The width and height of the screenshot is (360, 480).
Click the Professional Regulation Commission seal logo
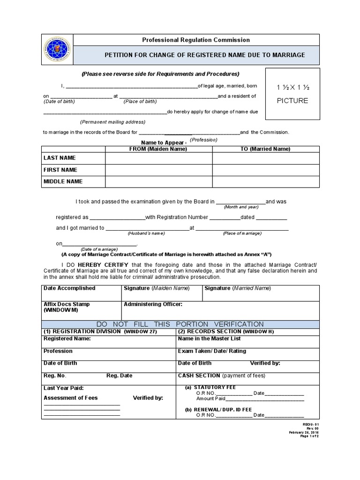pyautogui.click(x=57, y=49)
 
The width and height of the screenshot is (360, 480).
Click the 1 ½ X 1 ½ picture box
pyautogui.click(x=292, y=94)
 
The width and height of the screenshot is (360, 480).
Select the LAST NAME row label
pyautogui.click(x=60, y=158)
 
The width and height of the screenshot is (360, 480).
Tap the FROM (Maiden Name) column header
pyautogui.click(x=158, y=149)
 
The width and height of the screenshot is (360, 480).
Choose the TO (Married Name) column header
pyautogui.click(x=265, y=149)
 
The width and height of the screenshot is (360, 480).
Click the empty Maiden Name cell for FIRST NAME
pyautogui.click(x=158, y=170)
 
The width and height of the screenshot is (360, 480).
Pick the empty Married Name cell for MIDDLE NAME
pyautogui.click(x=266, y=181)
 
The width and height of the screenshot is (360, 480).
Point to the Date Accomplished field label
pyautogui.click(x=69, y=288)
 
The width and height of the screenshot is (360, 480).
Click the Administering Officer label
pyautogui.click(x=153, y=304)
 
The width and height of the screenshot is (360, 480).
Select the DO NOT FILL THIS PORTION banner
pyautogui.click(x=180, y=324)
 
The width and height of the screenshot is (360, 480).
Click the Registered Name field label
pyautogui.click(x=67, y=338)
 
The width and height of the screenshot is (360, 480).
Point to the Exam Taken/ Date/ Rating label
pyautogui.click(x=212, y=351)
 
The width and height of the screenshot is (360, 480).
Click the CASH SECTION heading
pyautogui.click(x=199, y=375)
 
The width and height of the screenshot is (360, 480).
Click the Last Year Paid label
pyautogui.click(x=64, y=388)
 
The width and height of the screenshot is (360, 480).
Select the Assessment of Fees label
pyautogui.click(x=71, y=398)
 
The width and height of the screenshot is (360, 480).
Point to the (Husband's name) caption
pyautogui.click(x=146, y=233)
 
